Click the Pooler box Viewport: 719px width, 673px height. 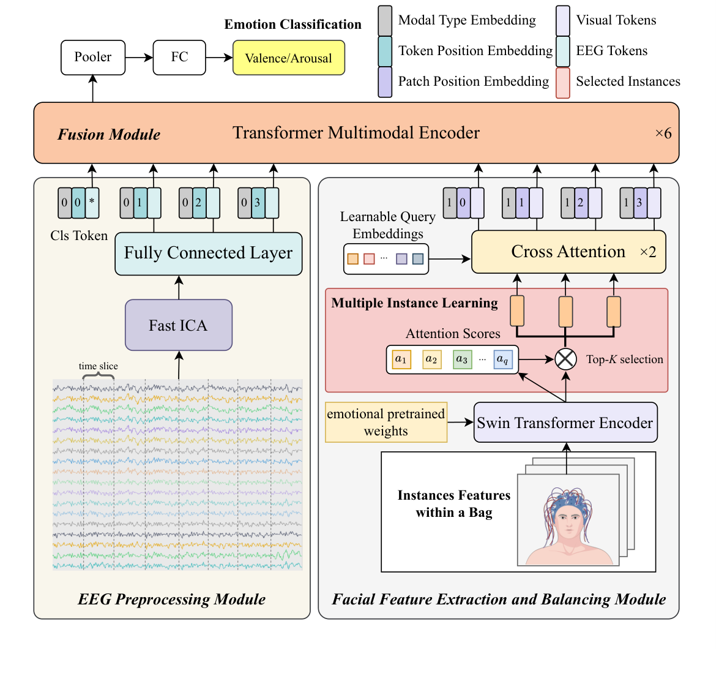click(93, 58)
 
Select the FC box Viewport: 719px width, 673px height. click(179, 58)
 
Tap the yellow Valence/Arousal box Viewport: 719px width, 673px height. click(288, 58)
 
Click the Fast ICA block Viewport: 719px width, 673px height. click(179, 325)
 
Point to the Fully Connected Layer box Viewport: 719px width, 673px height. click(208, 254)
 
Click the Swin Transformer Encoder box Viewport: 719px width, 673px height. click(565, 423)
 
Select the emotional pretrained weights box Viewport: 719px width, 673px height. click(386, 423)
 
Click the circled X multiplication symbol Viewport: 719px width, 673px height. click(565, 359)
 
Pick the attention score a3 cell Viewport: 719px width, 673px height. click(462, 359)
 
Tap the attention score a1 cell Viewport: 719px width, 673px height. click(401, 359)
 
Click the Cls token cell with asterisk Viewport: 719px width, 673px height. click(92, 203)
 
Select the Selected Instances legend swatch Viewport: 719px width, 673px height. click(562, 83)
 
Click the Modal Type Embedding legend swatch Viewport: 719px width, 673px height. click(385, 21)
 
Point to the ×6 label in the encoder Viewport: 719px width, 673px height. click(663, 133)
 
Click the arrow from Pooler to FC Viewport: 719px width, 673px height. click(139, 58)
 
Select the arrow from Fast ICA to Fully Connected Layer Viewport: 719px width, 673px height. click(179, 287)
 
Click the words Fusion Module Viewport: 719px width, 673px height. click(109, 135)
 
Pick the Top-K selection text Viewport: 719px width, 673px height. click(624, 359)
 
